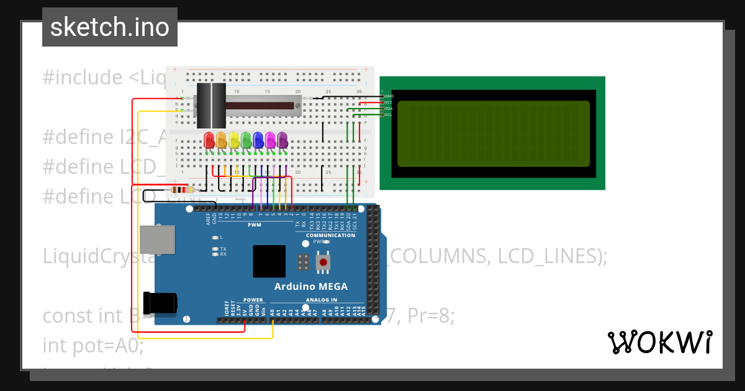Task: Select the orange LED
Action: click(x=222, y=140)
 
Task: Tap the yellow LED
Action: click(x=233, y=140)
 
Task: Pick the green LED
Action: click(x=246, y=140)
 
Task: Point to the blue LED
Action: click(x=258, y=140)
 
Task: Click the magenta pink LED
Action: click(x=270, y=140)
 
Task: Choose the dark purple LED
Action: click(x=282, y=140)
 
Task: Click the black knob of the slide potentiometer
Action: click(x=211, y=106)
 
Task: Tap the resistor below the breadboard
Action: click(x=181, y=190)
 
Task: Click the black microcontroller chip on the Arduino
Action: click(x=269, y=261)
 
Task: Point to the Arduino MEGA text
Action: click(x=311, y=286)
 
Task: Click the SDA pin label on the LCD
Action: click(x=389, y=109)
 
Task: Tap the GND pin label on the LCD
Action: click(x=389, y=96)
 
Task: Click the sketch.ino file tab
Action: click(x=110, y=27)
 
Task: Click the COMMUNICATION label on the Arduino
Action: click(x=330, y=235)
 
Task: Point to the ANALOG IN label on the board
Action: click(x=321, y=300)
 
